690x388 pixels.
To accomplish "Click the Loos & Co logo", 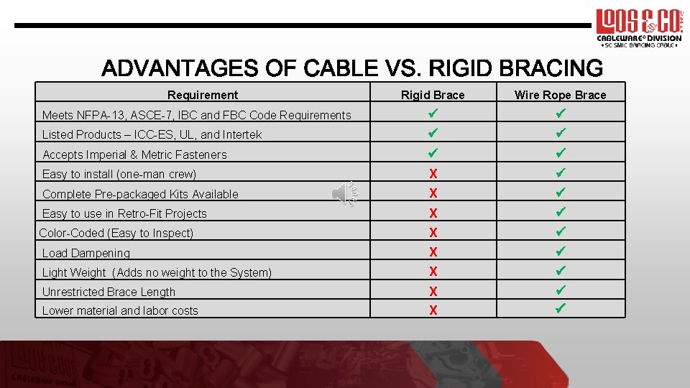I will click(638, 27).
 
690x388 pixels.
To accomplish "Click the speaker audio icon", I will click(345, 194).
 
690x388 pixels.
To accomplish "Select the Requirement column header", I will click(202, 95).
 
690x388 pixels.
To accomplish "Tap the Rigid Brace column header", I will click(433, 95).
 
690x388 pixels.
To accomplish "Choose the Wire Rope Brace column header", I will click(560, 95).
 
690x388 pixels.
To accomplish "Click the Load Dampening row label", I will click(86, 253).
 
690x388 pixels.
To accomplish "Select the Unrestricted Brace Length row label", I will click(109, 292).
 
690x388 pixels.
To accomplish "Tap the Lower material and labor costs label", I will click(120, 310).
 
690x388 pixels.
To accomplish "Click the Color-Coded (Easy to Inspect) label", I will click(116, 233).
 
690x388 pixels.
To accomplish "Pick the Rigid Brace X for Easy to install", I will click(433, 174).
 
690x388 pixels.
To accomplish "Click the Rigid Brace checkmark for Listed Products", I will click(433, 134).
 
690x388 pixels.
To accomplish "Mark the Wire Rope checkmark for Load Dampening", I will click(561, 251).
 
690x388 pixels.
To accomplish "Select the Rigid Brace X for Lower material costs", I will click(433, 310).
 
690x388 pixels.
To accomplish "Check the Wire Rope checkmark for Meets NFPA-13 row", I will click(561, 114).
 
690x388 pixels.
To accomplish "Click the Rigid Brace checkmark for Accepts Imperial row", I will click(433, 153).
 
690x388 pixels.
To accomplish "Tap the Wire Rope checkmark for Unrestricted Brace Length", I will click(561, 291).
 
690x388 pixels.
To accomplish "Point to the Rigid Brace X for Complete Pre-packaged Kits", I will click(433, 193).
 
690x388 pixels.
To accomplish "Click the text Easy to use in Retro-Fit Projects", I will click(124, 213).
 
